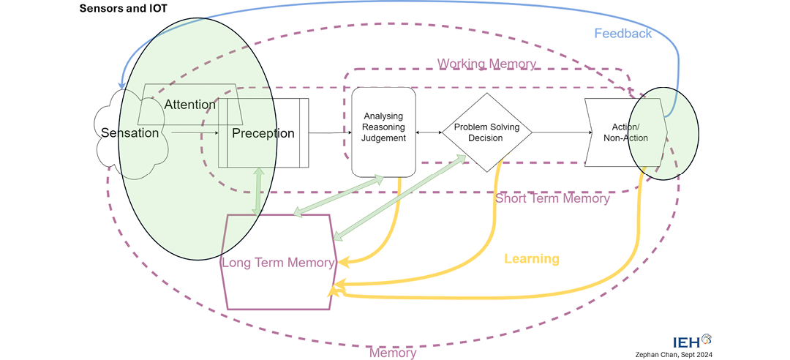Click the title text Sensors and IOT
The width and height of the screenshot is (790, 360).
[124, 10]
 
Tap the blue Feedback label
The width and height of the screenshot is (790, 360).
[622, 34]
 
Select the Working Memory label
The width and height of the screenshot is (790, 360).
[486, 64]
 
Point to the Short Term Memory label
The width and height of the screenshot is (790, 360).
[552, 198]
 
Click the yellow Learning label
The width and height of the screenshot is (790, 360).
[532, 259]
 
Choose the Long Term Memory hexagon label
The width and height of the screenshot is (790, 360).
[279, 263]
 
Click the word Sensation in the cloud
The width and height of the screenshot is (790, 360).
[129, 133]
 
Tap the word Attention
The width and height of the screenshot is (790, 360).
[189, 105]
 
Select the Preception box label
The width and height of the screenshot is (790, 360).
[263, 133]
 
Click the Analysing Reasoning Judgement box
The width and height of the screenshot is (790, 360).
[383, 132]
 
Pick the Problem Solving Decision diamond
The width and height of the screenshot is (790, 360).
[486, 132]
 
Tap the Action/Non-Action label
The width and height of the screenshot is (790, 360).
[625, 132]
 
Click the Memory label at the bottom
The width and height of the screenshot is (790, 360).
[392, 353]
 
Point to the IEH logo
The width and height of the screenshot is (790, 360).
[691, 341]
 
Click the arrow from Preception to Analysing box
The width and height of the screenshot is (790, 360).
[329, 132]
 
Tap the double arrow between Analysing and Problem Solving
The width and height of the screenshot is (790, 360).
[429, 132]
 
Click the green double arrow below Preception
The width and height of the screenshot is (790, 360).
[257, 191]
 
